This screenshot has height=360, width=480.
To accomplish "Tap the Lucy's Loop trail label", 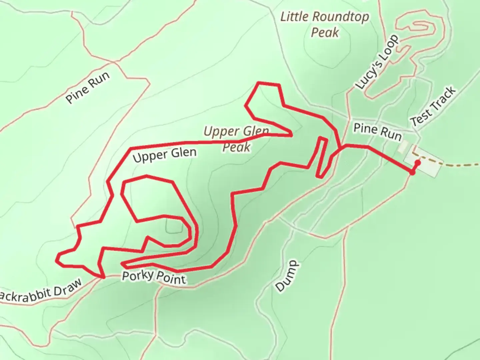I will click(x=377, y=62).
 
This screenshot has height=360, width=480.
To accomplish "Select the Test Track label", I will click(x=433, y=106).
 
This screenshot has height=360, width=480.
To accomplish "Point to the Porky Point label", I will click(x=154, y=277).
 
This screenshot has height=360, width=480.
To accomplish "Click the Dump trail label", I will click(x=287, y=276).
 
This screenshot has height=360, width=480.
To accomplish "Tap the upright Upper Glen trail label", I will click(x=165, y=154).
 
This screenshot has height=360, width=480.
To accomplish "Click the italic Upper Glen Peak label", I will click(x=236, y=139).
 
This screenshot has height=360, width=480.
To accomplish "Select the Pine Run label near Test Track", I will click(x=377, y=132).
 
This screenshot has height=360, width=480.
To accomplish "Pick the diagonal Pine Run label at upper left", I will click(x=87, y=87).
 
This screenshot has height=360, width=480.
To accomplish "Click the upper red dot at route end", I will click(x=417, y=162).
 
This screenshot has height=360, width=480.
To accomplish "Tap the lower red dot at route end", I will click(x=412, y=173).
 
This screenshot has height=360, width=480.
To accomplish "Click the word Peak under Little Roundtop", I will click(x=325, y=32).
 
